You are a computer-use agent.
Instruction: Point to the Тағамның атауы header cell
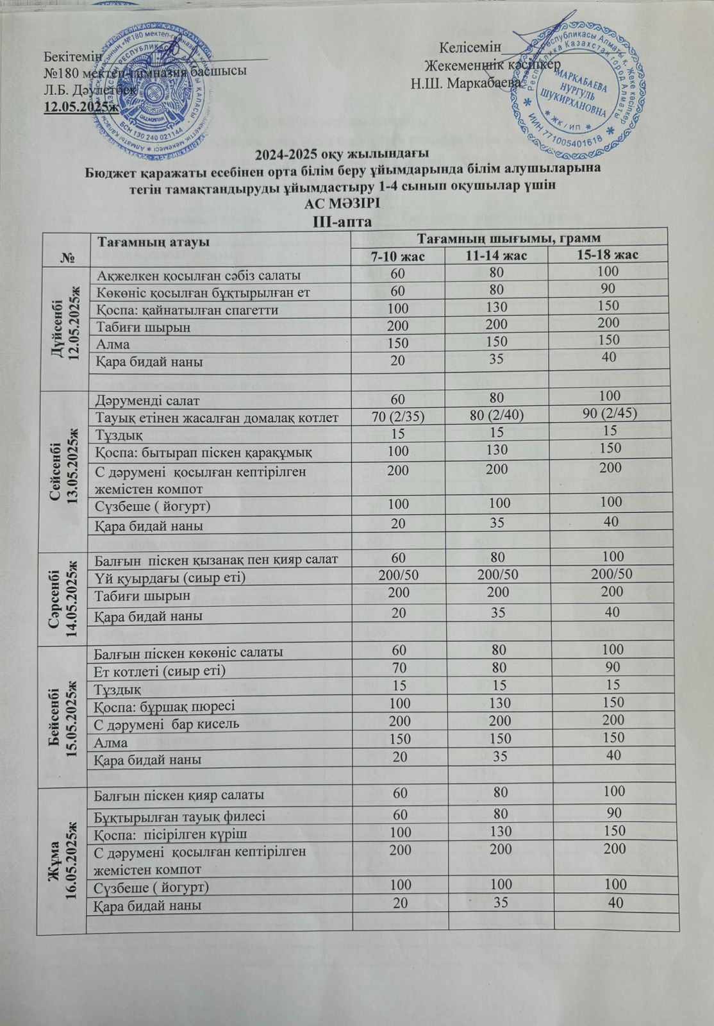click(x=153, y=242)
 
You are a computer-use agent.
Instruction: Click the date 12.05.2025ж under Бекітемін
click(x=81, y=106)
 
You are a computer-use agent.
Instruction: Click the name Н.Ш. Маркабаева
click(x=466, y=83)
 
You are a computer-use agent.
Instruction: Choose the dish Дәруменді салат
click(x=147, y=401)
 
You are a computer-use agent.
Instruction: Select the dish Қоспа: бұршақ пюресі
click(x=165, y=706)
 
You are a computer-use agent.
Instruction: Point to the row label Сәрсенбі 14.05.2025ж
click(x=63, y=598)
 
